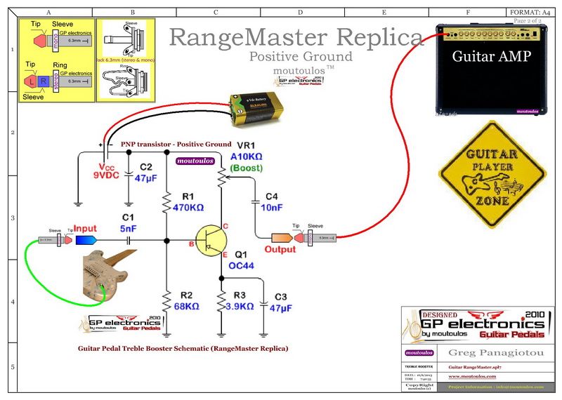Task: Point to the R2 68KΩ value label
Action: click(186, 306)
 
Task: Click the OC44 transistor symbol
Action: click(208, 241)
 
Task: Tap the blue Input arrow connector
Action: click(86, 241)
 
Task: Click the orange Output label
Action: click(280, 249)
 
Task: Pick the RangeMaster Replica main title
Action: click(296, 36)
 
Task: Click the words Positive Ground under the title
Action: click(301, 56)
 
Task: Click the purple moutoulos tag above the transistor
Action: click(195, 161)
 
